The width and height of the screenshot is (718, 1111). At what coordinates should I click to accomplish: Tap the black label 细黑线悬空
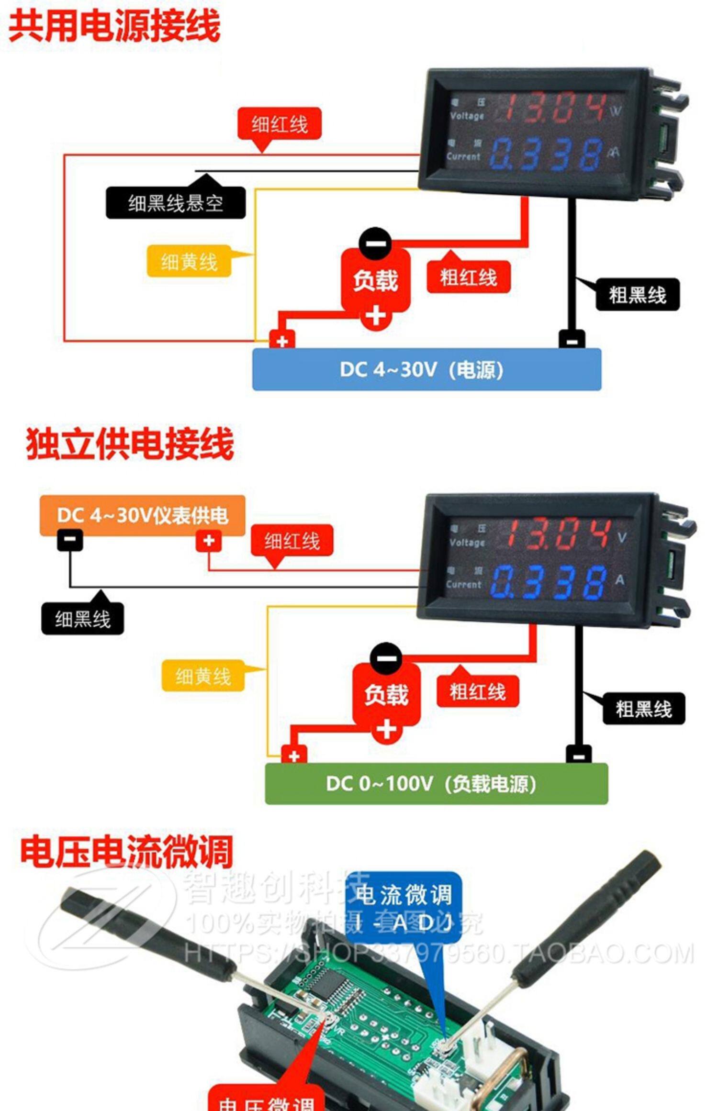175,203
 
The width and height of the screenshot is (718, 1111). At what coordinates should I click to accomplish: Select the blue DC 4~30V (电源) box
426,369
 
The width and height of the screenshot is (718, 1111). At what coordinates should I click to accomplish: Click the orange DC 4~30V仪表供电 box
142,515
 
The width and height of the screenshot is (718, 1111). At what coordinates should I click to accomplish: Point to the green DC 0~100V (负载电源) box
436,784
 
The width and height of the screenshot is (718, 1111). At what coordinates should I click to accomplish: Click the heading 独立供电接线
130,444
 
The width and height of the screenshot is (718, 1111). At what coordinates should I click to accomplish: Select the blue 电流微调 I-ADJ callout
403,907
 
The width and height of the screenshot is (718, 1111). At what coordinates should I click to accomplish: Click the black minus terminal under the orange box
70,540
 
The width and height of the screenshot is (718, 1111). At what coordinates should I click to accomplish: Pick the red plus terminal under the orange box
209,541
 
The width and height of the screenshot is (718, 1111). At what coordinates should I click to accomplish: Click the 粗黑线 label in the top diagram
637,295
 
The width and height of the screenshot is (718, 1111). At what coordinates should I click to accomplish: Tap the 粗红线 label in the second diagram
477,691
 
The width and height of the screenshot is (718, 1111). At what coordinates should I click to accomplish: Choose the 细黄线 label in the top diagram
189,262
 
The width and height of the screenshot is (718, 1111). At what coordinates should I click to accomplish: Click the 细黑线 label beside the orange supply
82,619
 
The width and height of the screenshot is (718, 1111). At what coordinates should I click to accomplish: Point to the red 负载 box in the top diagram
375,280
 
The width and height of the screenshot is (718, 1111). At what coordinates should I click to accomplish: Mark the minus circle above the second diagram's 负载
386,658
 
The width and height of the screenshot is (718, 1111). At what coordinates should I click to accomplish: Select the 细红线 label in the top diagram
280,124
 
